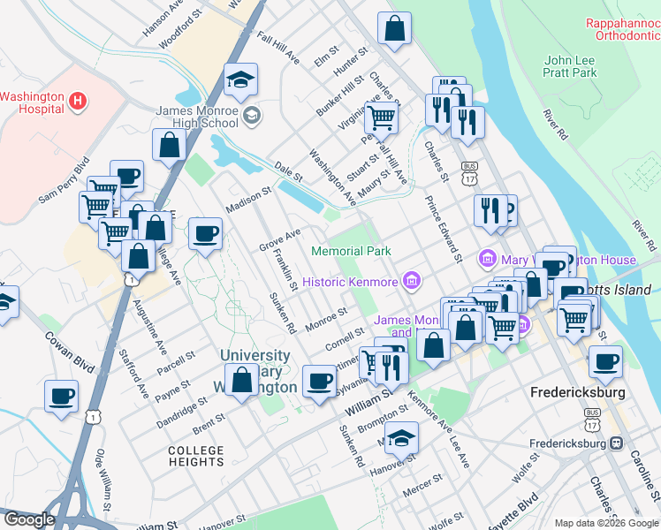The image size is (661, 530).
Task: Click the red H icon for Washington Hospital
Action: (x=78, y=102)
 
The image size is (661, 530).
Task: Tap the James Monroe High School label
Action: (x=196, y=117)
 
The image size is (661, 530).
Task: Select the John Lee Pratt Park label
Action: (x=570, y=67)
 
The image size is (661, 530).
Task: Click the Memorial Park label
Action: (x=351, y=252)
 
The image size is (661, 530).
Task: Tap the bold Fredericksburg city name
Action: (x=578, y=391)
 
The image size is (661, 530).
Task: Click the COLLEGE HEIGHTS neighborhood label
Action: (x=196, y=456)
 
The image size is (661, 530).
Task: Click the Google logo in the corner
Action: (x=29, y=519)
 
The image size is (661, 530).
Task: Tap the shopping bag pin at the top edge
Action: (x=394, y=28)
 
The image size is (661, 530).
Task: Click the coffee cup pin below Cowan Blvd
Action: (x=62, y=397)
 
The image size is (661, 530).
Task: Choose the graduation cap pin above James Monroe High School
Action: (x=240, y=80)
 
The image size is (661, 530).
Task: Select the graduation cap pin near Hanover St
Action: (x=400, y=439)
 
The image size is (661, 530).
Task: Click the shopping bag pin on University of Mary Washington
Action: (x=241, y=381)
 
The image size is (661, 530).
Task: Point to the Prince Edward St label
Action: (x=444, y=229)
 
